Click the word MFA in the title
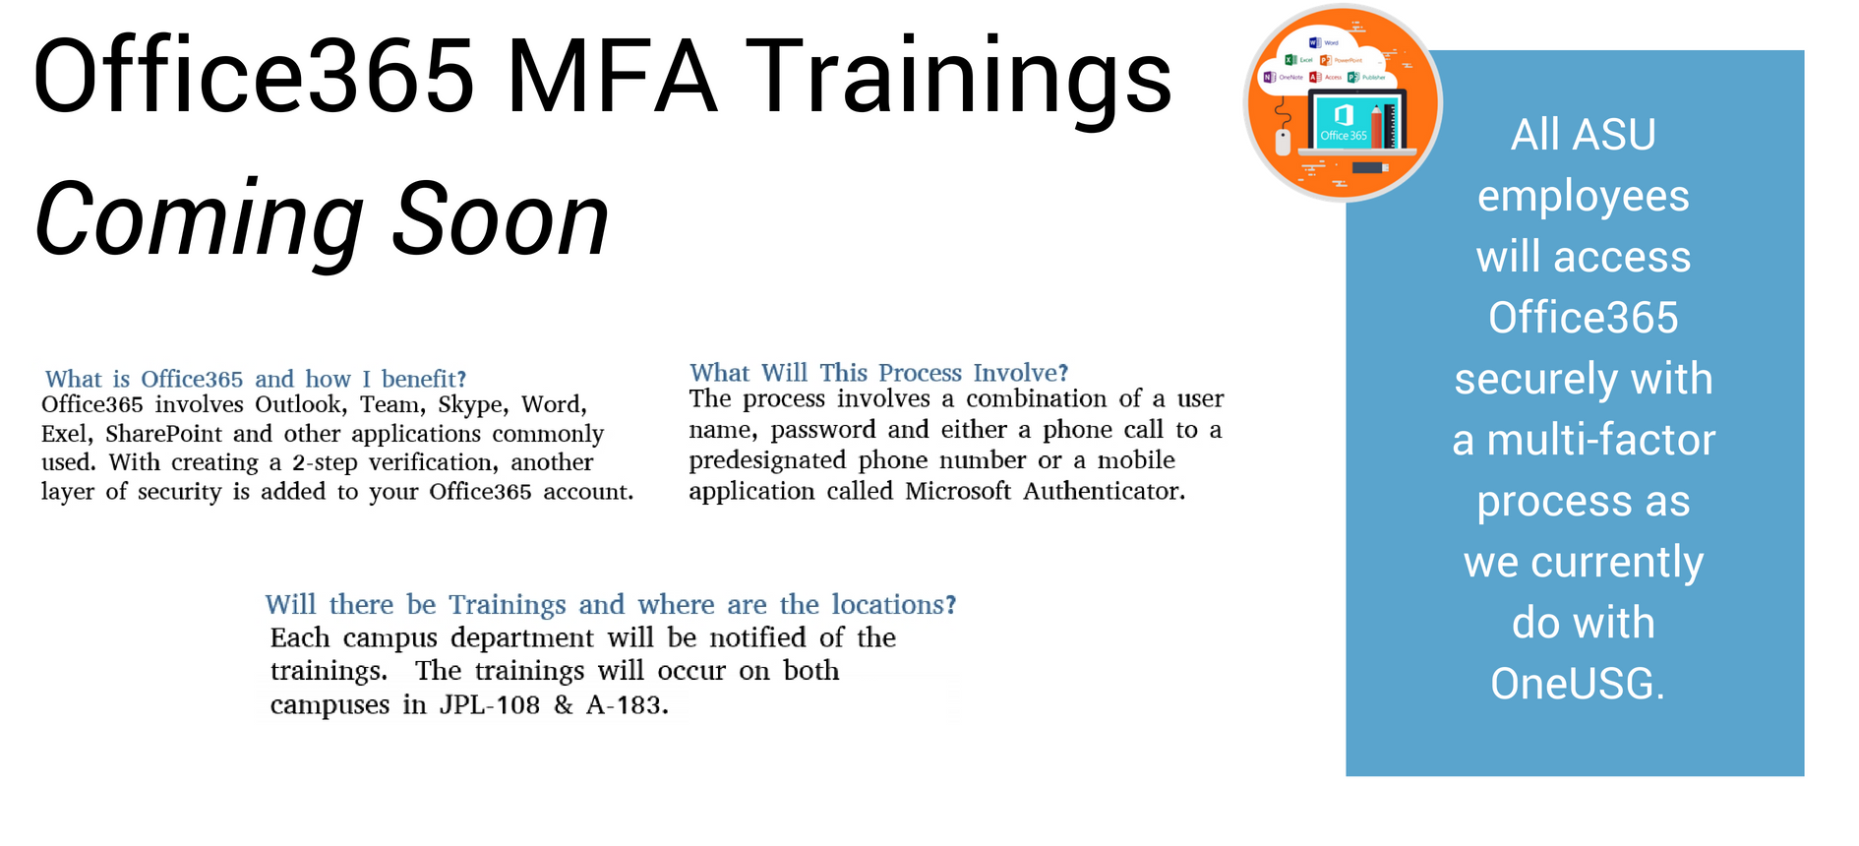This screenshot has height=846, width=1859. pyautogui.click(x=612, y=77)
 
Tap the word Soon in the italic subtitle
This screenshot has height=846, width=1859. pyautogui.click(x=501, y=220)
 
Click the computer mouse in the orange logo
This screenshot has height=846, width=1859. pyautogui.click(x=1283, y=142)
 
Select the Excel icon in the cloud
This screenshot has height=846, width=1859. pyautogui.click(x=1290, y=60)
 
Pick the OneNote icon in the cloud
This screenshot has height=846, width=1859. pyautogui.click(x=1269, y=77)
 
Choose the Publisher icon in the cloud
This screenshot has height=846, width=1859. pyautogui.click(x=1353, y=77)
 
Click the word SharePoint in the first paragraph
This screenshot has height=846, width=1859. pyautogui.click(x=165, y=435)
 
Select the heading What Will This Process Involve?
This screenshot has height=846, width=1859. pyautogui.click(x=878, y=373)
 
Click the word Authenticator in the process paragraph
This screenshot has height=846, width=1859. pyautogui.click(x=1104, y=491)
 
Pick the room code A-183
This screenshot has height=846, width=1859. pyautogui.click(x=628, y=705)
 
